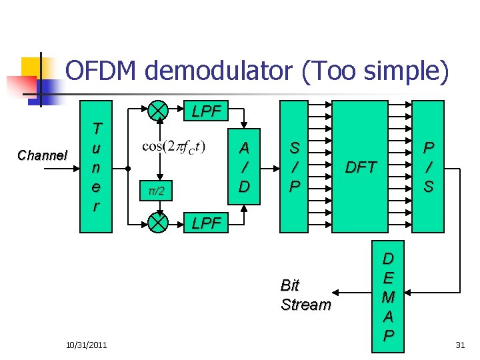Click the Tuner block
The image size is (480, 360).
96,167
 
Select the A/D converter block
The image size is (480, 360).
245,166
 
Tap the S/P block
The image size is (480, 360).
293,166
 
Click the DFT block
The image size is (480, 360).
360,167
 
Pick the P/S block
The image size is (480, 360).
428,166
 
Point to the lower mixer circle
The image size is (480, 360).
158,222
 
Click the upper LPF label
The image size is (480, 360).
206,111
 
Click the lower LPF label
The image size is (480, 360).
206,223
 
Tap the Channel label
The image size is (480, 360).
42,155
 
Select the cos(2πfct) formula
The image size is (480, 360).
174,147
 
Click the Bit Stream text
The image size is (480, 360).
305,295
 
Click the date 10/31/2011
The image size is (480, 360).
87,344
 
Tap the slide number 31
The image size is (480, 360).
459,344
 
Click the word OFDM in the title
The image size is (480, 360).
102,72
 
